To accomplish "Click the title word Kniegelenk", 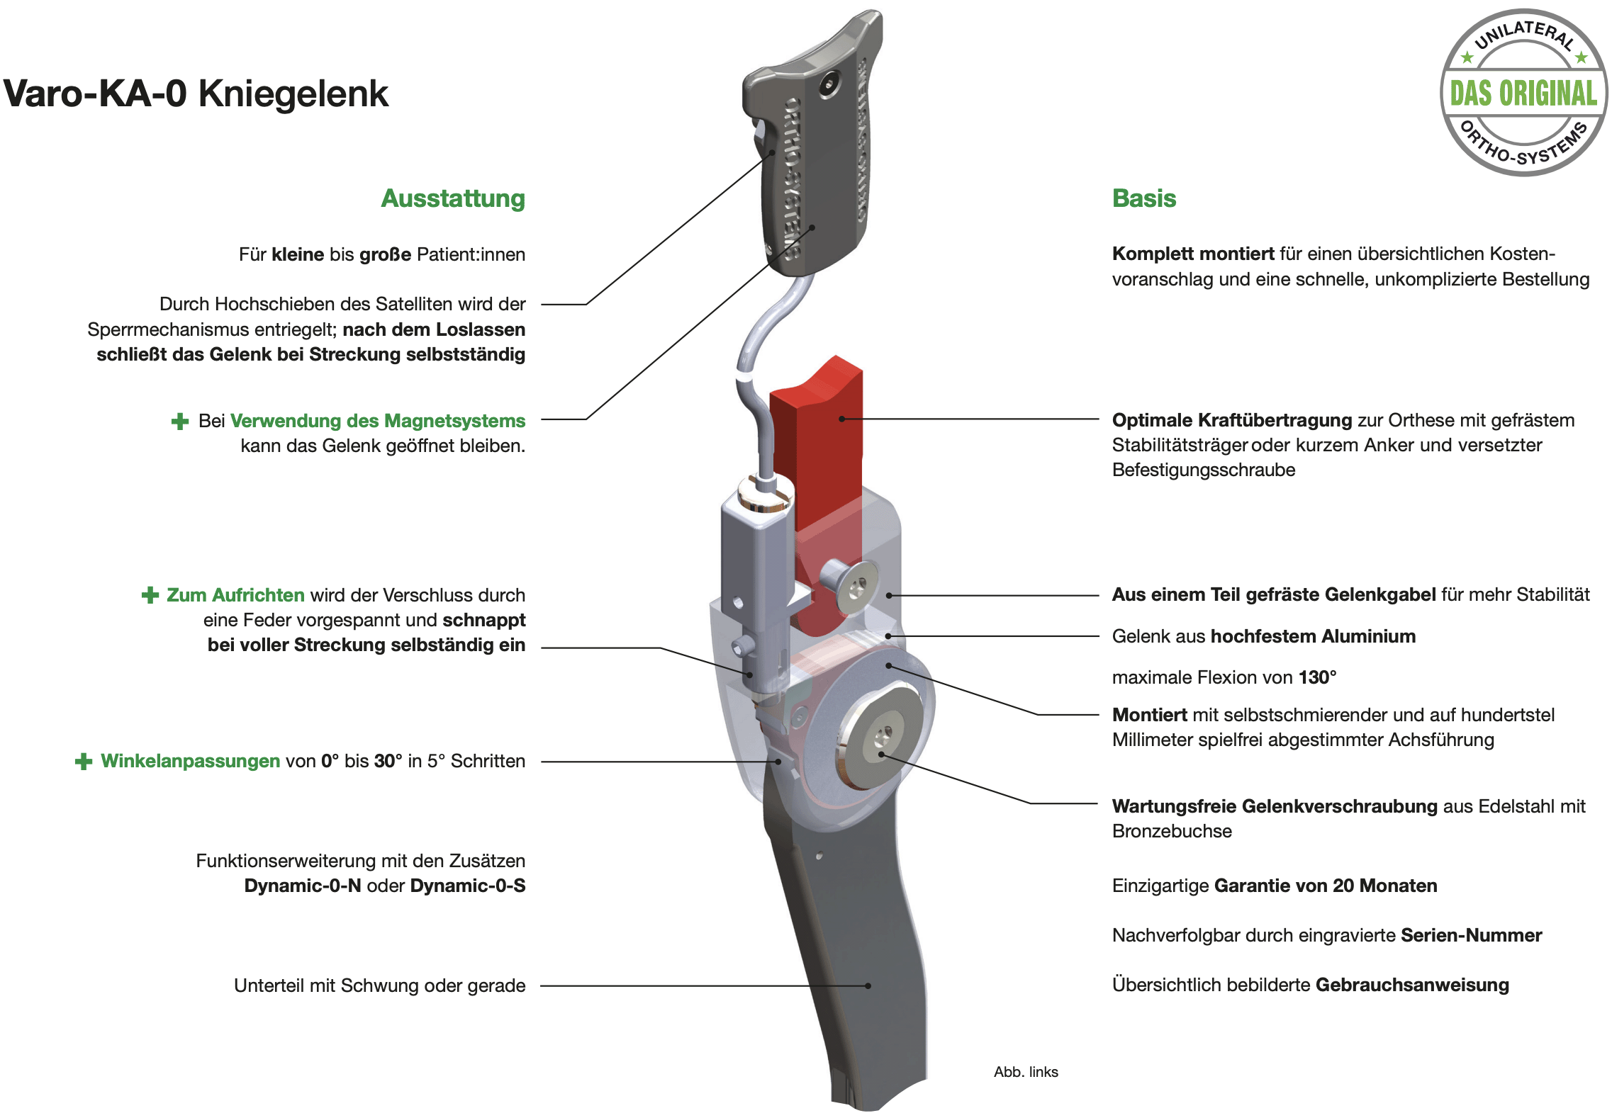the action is (x=293, y=94).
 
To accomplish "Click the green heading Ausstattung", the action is (x=453, y=198).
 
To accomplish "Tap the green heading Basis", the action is (x=1143, y=198).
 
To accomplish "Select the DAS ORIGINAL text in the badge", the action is (x=1523, y=94).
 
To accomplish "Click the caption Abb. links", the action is (x=1025, y=1072).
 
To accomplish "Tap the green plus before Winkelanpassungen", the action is (x=84, y=762).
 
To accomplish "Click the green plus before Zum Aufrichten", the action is (x=150, y=595).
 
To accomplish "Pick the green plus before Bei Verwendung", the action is (x=180, y=422).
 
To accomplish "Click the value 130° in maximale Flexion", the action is (x=1317, y=677).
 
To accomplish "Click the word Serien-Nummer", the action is (x=1471, y=935).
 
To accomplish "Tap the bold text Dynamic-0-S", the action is (x=468, y=886).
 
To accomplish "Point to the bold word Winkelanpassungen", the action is (x=190, y=761).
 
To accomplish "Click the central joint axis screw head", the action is (x=881, y=738).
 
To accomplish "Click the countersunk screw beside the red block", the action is (x=854, y=585).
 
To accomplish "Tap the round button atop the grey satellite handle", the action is (x=828, y=86).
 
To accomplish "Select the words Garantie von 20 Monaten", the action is (x=1326, y=886).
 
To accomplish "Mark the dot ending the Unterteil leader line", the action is (x=868, y=986).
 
